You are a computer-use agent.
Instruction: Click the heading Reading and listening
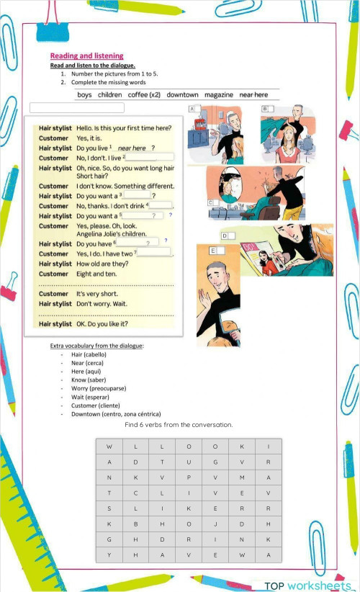pyautogui.click(x=86, y=56)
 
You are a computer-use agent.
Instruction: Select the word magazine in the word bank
pyautogui.click(x=218, y=95)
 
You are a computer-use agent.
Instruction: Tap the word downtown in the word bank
pyautogui.click(x=182, y=95)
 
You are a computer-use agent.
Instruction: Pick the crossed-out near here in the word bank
pyautogui.click(x=253, y=95)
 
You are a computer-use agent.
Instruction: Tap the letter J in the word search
pyautogui.click(x=215, y=524)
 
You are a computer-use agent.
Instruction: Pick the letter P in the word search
pyautogui.click(x=188, y=477)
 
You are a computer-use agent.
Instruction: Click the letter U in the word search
pyautogui.click(x=188, y=462)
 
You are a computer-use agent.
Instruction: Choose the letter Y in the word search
pyautogui.click(x=109, y=555)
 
